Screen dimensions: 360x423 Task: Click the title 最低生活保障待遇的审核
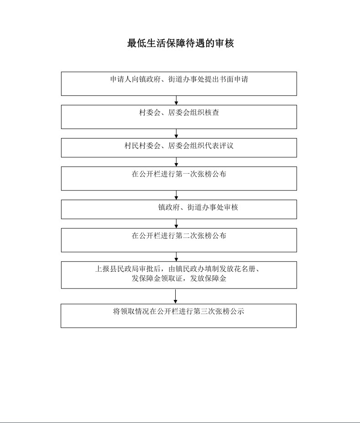coord(180,43)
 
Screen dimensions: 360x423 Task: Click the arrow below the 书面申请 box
coord(177,100)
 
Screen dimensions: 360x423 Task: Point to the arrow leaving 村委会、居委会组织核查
coord(177,134)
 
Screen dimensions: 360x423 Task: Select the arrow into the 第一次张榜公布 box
coord(177,162)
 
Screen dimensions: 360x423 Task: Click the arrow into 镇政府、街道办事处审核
coord(177,195)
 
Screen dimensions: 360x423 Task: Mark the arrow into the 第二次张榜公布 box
coord(177,224)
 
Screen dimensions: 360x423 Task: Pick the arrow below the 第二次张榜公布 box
coord(177,257)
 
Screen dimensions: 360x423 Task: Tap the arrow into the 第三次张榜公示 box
coord(176,296)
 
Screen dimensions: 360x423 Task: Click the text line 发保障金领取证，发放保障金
coord(179,279)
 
